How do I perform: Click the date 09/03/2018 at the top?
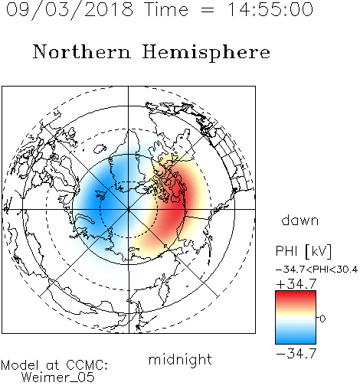70,10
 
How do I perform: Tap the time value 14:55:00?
270,10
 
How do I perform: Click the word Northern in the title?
82,51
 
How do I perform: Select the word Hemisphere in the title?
206,53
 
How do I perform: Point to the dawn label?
300,220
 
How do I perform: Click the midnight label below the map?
180,359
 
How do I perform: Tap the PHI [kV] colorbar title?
304,251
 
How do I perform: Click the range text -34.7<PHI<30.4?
316,270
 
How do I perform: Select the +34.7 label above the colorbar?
296,284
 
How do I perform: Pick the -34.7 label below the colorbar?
296,354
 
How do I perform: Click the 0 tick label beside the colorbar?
322,319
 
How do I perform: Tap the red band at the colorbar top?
296,296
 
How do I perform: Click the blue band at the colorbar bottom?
296,338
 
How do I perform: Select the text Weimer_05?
58,378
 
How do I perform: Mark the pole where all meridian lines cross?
129,209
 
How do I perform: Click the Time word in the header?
166,10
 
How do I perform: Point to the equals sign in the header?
208,10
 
